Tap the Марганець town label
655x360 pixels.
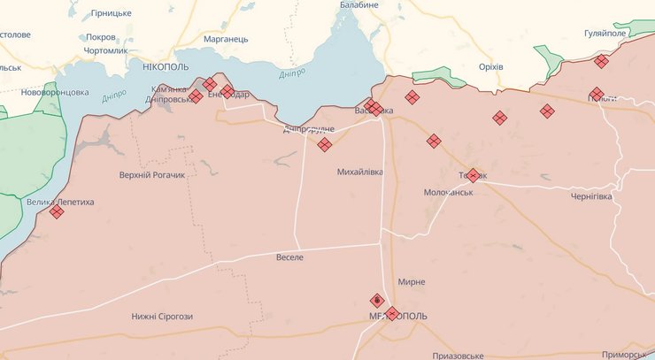227,39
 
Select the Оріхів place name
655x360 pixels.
490,67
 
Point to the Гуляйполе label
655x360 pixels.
605,34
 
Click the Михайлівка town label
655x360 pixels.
360,172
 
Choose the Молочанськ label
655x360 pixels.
449,192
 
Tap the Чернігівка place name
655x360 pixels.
591,196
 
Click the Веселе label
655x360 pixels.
289,257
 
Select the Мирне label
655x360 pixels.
412,281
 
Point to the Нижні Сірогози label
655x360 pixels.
162,317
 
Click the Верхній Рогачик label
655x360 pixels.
152,175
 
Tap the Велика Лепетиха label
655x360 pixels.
60,202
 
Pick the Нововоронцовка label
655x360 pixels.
56,92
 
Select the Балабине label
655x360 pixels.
359,5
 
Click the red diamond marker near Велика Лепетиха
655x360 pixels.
57,212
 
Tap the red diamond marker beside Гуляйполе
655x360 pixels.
602,61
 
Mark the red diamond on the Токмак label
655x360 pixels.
473,175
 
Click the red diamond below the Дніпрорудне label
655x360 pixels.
325,144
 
